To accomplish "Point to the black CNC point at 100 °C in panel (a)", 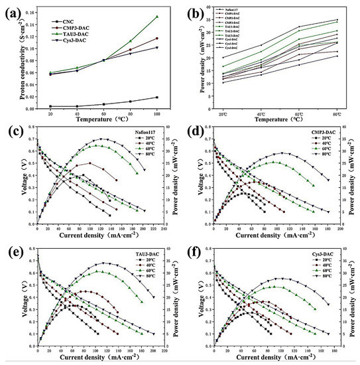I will tap(157, 98).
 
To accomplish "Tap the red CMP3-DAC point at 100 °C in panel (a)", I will tap(157, 38).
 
